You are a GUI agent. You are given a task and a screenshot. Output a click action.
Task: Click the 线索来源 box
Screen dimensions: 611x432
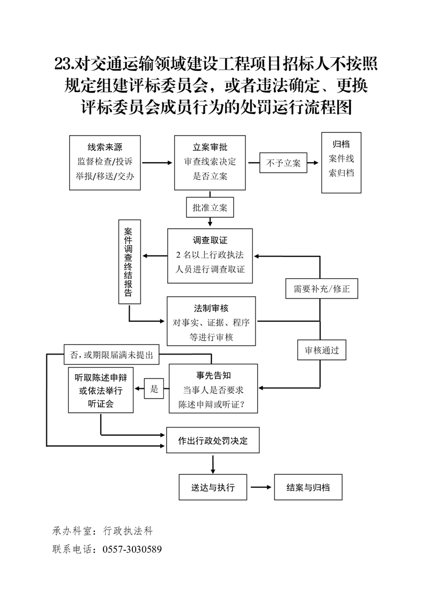[x=105, y=162]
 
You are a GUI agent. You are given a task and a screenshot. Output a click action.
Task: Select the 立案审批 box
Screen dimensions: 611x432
[x=210, y=162]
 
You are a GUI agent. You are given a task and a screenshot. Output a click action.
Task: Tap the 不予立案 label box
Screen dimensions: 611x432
[x=283, y=163]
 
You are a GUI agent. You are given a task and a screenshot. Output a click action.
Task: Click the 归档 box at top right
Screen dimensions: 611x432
[x=341, y=162]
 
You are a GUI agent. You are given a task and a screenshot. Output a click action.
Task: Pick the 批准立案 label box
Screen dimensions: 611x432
[x=210, y=207]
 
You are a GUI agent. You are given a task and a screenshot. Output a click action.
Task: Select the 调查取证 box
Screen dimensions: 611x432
[x=210, y=255]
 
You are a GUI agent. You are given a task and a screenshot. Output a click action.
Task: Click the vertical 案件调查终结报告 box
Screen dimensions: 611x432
[x=129, y=261]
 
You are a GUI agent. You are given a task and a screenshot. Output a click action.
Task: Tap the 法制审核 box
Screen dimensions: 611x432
[x=211, y=321]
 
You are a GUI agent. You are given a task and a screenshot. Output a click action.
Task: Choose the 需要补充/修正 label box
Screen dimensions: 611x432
[x=321, y=289]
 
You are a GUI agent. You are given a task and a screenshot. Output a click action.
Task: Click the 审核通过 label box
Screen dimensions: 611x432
[x=321, y=351]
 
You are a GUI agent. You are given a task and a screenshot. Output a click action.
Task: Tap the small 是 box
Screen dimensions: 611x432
[x=154, y=389]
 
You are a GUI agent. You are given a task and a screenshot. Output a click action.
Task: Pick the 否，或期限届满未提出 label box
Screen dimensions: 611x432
[x=111, y=355]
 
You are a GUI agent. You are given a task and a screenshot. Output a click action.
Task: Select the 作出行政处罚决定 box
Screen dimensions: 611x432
[x=212, y=441]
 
